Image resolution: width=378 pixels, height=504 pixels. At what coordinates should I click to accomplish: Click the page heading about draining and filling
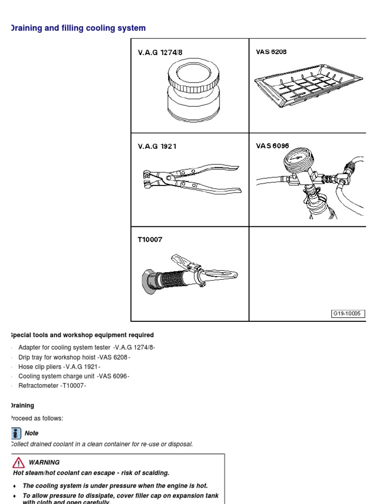[78, 28]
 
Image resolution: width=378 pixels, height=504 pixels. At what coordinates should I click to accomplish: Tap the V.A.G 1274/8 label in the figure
[157, 52]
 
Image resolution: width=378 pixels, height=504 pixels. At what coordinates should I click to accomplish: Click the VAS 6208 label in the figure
[271, 52]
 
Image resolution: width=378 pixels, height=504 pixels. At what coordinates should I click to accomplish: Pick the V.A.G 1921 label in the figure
[157, 146]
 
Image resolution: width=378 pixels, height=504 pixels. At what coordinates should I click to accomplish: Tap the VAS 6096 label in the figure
[272, 146]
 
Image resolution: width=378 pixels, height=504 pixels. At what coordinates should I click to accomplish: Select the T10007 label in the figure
[150, 240]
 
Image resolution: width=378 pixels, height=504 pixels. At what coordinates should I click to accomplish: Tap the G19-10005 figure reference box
[347, 314]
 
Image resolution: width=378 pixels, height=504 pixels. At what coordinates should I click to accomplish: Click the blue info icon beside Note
[16, 433]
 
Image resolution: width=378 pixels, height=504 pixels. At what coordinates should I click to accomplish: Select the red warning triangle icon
[18, 462]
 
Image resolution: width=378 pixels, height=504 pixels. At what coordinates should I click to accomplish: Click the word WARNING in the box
[44, 462]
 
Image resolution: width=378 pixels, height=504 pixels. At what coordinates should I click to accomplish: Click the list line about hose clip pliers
[59, 367]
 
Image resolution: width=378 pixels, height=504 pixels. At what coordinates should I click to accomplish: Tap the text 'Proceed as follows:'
[37, 418]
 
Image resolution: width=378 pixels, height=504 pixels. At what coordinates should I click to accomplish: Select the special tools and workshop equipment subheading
[82, 335]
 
